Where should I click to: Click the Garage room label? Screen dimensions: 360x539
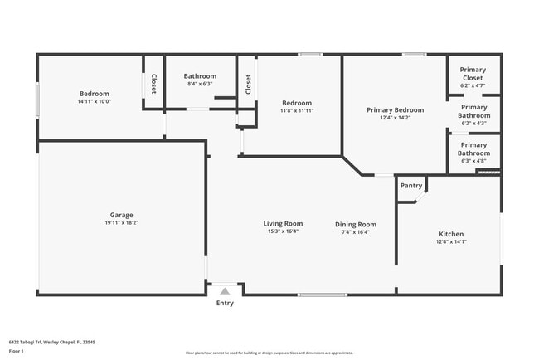pyautogui.click(x=121, y=215)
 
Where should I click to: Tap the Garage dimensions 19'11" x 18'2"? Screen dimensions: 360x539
pyautogui.click(x=121, y=223)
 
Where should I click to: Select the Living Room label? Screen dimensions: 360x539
pyautogui.click(x=283, y=223)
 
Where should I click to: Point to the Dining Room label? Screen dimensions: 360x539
pyautogui.click(x=356, y=224)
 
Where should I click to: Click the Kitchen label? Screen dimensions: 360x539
pyautogui.click(x=451, y=234)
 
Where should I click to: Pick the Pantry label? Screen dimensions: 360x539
pyautogui.click(x=411, y=186)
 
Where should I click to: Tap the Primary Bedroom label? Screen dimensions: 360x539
pyautogui.click(x=396, y=109)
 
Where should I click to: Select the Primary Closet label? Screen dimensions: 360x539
pyautogui.click(x=473, y=74)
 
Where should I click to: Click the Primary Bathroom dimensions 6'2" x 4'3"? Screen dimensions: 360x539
pyautogui.click(x=473, y=124)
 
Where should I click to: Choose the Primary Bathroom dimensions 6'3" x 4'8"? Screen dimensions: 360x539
pyautogui.click(x=474, y=161)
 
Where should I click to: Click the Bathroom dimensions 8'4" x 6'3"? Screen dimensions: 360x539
pyautogui.click(x=200, y=84)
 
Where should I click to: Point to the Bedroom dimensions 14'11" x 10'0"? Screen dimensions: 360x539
pyautogui.click(x=94, y=102)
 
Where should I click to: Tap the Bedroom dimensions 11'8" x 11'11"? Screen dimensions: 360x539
pyautogui.click(x=297, y=110)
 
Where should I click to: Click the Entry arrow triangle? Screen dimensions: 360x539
pyautogui.click(x=225, y=291)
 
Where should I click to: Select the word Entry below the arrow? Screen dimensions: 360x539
pyautogui.click(x=225, y=303)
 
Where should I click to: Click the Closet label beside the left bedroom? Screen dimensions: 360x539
pyautogui.click(x=153, y=84)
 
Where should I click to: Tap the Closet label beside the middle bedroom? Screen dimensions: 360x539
pyautogui.click(x=248, y=84)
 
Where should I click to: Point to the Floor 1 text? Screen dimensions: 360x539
pyautogui.click(x=17, y=351)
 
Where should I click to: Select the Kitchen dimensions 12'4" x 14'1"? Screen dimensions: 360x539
pyautogui.click(x=451, y=242)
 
